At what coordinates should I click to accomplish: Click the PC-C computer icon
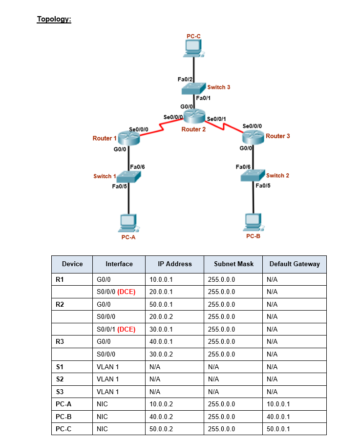click(194, 48)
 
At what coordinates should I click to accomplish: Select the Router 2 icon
click(194, 116)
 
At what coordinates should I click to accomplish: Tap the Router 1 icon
click(129, 139)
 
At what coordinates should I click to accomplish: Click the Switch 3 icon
click(194, 88)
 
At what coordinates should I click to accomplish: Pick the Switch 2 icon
click(253, 175)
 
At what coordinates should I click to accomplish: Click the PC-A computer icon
click(128, 223)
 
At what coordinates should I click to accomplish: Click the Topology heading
click(54, 20)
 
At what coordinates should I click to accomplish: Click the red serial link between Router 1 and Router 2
click(162, 128)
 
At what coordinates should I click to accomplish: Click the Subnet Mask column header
click(233, 264)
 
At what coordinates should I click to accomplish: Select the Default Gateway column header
click(294, 264)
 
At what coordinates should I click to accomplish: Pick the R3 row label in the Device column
click(60, 341)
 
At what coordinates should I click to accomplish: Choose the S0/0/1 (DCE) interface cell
click(116, 329)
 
